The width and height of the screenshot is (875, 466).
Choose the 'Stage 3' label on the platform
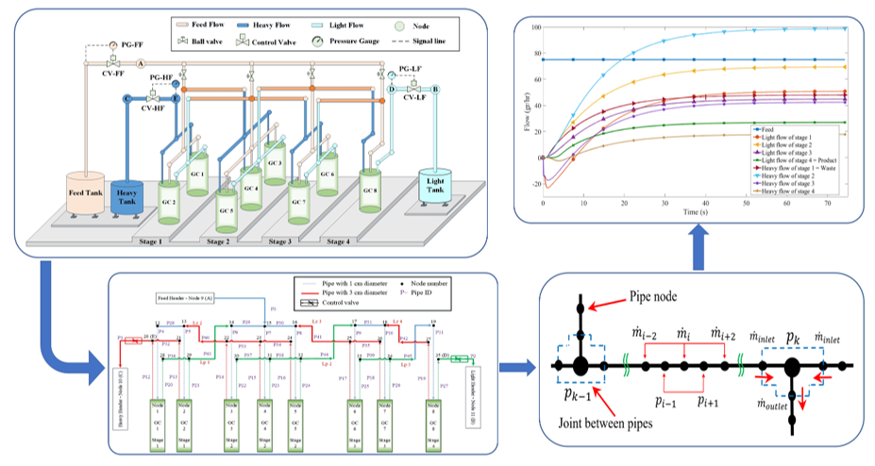pos(279,241)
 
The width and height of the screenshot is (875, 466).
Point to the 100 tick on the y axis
pos(534,27)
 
